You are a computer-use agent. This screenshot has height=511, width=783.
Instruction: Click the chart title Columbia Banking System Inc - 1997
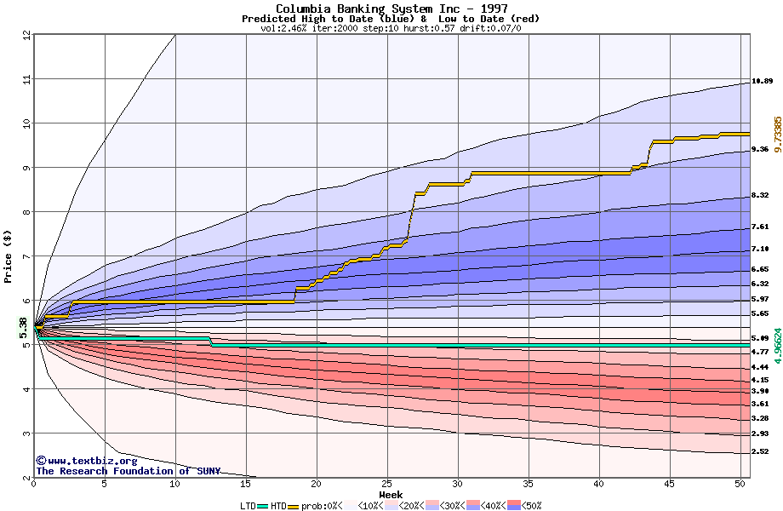click(391, 9)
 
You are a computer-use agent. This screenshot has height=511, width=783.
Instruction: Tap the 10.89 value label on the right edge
click(762, 82)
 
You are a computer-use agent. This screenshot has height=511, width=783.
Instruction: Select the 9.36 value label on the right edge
click(759, 149)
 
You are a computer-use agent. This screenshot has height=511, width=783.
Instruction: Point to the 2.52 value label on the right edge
click(759, 451)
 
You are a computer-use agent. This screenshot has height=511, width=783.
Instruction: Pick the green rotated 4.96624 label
click(776, 347)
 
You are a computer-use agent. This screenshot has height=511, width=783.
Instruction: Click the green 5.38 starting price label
click(23, 327)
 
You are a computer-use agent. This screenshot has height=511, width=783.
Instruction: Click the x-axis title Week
click(391, 495)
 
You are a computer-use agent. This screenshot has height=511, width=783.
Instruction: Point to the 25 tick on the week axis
click(387, 485)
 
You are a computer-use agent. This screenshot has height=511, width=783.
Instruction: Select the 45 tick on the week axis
click(670, 485)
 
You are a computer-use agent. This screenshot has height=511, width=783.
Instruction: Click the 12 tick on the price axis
click(26, 35)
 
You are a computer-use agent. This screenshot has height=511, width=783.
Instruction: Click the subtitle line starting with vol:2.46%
click(391, 28)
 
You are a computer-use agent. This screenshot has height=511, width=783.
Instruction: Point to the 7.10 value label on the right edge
click(759, 249)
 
